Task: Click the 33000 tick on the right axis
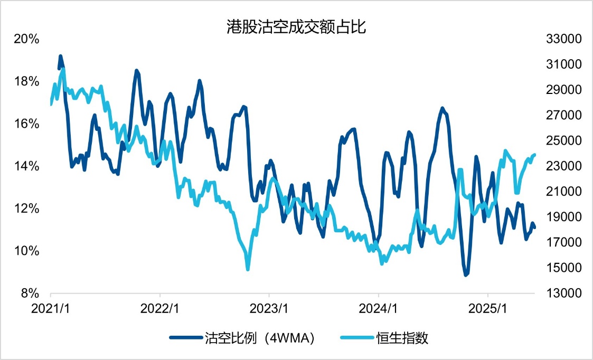554,39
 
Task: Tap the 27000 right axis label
554,115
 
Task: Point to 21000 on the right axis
554,191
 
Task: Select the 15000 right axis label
554,267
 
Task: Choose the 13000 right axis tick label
554,292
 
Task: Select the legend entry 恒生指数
402,338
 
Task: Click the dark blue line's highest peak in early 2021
60,55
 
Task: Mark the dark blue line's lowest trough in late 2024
466,275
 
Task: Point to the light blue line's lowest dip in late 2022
248,269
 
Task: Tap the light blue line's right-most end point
535,155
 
